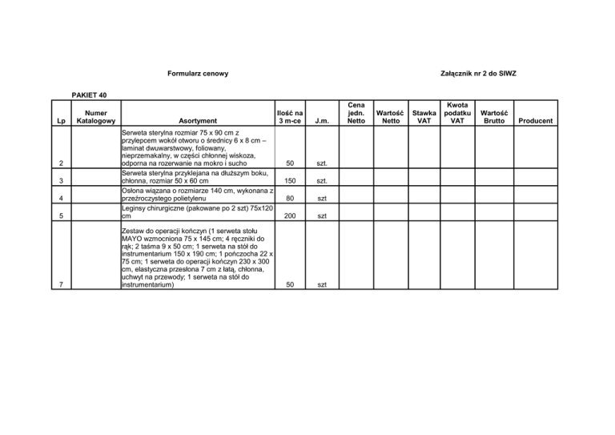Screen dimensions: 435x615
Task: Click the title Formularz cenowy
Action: (x=199, y=75)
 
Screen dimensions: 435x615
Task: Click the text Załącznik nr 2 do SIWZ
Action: (x=479, y=75)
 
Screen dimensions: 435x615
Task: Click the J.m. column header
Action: (x=323, y=121)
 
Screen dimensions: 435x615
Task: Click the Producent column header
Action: (x=534, y=121)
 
